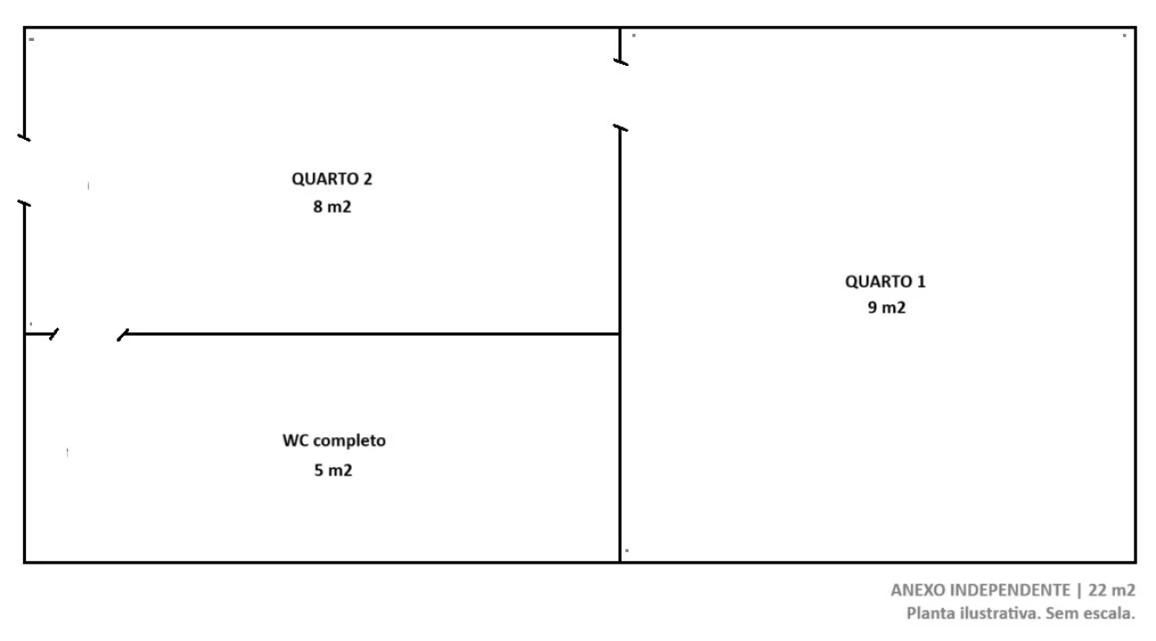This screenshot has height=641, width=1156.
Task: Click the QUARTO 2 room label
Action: (x=332, y=179)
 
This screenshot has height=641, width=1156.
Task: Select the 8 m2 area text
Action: (x=332, y=207)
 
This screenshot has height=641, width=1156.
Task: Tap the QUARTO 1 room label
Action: (x=885, y=281)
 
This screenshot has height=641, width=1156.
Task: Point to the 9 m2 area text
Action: (x=887, y=307)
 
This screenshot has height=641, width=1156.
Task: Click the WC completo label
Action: (x=334, y=441)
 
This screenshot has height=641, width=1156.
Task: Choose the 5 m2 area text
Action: (x=333, y=470)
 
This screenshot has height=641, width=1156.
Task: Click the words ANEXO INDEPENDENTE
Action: (x=981, y=590)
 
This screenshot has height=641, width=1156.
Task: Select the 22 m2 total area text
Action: (x=1111, y=590)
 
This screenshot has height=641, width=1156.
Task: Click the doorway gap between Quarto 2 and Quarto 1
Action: (x=620, y=95)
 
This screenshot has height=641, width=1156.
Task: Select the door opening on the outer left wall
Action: (x=24, y=171)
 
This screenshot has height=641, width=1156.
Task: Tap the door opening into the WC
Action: (x=88, y=334)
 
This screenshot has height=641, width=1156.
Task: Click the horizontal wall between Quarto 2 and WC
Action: (x=372, y=334)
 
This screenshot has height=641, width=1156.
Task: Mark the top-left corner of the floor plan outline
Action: (x=24, y=28)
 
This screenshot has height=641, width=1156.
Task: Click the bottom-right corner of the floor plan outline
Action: (x=1136, y=562)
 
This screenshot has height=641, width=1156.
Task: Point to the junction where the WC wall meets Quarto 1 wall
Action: (x=620, y=334)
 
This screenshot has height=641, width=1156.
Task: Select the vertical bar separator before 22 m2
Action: (x=1079, y=590)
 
